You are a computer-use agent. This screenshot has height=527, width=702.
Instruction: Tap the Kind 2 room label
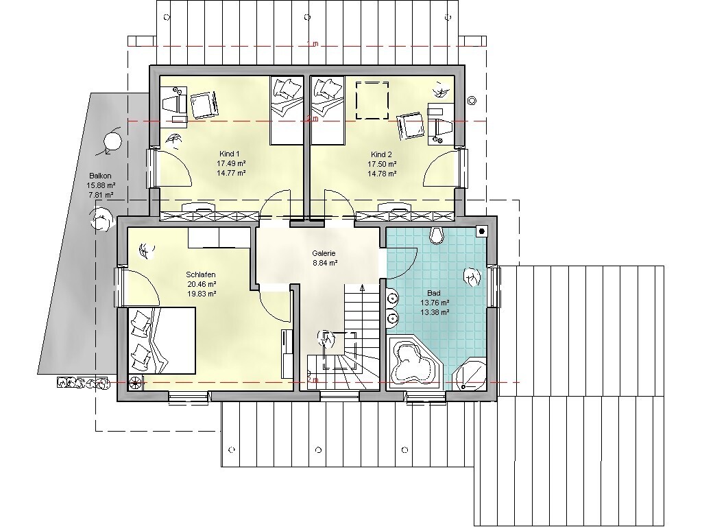point(382,154)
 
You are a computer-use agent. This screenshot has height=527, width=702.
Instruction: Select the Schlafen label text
point(201,274)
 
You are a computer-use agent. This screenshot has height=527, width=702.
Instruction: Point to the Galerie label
point(324,253)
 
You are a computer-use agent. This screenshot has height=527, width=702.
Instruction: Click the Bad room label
point(434,293)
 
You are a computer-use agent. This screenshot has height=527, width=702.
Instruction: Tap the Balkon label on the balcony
point(100,176)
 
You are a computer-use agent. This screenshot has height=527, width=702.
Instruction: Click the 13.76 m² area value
point(435,303)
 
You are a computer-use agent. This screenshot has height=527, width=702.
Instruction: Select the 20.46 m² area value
point(202,284)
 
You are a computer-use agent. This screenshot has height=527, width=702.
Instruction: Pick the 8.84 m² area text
point(324,263)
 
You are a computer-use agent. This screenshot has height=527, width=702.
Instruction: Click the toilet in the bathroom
point(437,235)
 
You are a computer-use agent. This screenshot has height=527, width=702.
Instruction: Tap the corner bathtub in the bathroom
point(414,362)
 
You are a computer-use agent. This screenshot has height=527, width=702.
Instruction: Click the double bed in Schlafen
point(162,340)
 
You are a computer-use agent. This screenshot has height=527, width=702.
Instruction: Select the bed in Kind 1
point(287,110)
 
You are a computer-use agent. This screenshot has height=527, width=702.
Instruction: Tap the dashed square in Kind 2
point(372,100)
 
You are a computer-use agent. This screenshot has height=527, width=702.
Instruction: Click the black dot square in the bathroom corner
point(482,231)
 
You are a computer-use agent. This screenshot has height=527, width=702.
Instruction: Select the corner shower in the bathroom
point(470,374)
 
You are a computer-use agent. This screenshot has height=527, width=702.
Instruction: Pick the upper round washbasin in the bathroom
point(393,298)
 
